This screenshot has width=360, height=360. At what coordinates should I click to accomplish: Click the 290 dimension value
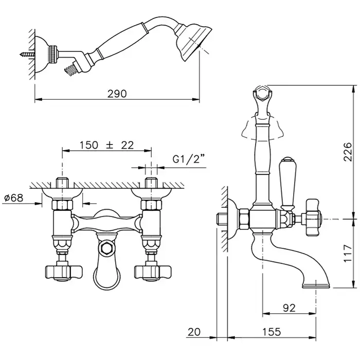click(117, 94)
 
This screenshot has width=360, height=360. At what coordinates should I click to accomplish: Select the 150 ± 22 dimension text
click(107, 145)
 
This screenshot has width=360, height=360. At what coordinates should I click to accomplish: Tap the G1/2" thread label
click(189, 159)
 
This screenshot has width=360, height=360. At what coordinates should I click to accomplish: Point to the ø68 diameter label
click(14, 197)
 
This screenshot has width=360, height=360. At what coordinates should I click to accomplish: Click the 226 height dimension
click(347, 152)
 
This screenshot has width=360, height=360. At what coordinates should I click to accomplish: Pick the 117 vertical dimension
click(348, 253)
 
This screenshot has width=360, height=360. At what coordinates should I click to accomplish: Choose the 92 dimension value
click(289, 308)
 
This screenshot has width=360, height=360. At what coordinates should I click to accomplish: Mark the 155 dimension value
click(272, 332)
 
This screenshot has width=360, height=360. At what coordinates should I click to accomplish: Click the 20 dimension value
click(194, 332)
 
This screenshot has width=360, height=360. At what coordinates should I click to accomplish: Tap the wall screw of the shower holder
click(27, 55)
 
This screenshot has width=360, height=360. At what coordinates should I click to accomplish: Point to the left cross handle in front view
click(64, 273)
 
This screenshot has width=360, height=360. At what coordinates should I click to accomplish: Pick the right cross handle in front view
click(153, 273)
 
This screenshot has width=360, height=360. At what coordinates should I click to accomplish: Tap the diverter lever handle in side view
click(287, 184)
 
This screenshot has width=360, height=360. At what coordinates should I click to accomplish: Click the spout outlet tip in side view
click(316, 286)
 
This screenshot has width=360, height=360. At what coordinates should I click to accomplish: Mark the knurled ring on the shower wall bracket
click(53, 54)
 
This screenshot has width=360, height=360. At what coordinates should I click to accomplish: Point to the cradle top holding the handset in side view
click(262, 95)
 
